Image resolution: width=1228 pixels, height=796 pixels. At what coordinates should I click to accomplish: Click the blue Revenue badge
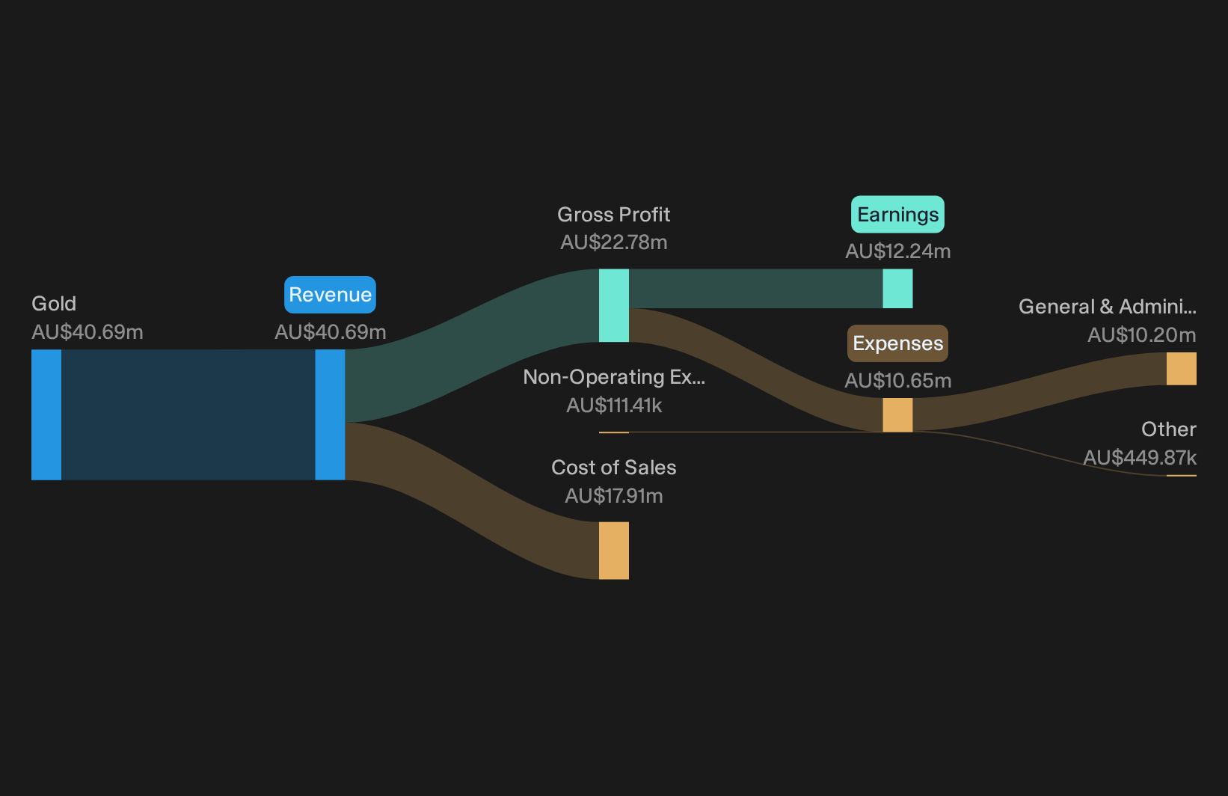(330, 295)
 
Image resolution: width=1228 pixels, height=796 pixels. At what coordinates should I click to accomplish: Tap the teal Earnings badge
(897, 215)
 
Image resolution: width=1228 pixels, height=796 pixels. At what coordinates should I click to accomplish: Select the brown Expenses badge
(897, 343)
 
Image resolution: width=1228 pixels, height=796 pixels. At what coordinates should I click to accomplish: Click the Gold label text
(54, 304)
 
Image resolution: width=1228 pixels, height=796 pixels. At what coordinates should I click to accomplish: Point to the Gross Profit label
(613, 215)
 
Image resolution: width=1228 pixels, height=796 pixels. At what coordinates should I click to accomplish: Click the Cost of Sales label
(613, 468)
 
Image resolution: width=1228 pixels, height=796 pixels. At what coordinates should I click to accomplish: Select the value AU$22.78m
(613, 242)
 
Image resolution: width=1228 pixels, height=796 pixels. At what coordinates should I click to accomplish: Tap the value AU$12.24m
(897, 251)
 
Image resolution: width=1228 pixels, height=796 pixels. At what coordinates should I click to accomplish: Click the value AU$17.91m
(613, 496)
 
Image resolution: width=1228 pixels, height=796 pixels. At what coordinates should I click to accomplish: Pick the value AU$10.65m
(897, 381)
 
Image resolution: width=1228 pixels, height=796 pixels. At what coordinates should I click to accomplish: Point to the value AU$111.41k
(613, 405)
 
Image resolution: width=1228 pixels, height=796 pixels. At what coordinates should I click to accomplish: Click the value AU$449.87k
(1140, 458)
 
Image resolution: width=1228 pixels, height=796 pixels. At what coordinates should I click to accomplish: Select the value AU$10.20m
(1142, 334)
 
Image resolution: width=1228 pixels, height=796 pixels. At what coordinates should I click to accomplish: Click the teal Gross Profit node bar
(613, 305)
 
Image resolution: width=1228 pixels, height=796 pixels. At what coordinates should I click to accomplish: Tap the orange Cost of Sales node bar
(613, 550)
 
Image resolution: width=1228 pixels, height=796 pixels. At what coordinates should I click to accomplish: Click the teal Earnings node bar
(897, 289)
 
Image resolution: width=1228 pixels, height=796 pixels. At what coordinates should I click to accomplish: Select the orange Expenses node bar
(897, 415)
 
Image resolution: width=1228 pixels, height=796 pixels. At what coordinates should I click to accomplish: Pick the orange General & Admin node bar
(1182, 369)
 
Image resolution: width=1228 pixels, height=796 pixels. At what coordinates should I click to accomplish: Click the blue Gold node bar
(46, 414)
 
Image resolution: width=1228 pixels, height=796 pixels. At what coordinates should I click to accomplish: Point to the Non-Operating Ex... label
(613, 377)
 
